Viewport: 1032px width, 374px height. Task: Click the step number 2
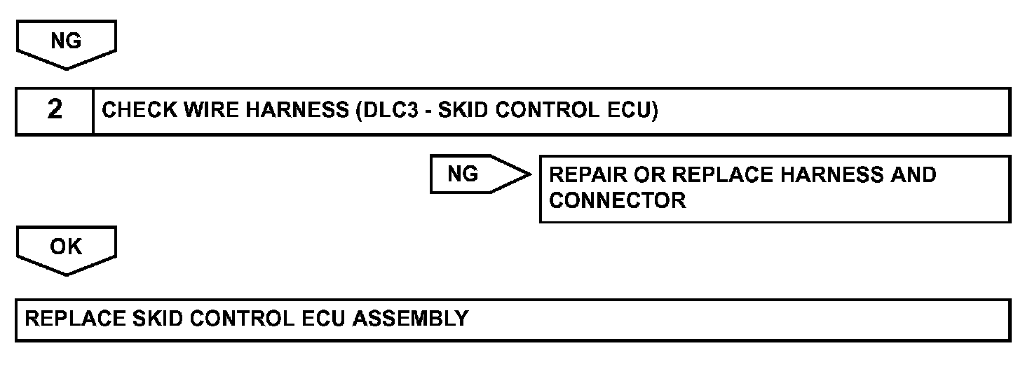(54, 111)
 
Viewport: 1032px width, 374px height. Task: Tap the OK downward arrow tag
(66, 249)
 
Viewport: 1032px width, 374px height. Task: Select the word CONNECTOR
(617, 200)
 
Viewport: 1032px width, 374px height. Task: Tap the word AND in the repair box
(913, 174)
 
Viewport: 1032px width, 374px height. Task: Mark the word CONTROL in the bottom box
(242, 319)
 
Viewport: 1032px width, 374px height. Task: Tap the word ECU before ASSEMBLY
(323, 319)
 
